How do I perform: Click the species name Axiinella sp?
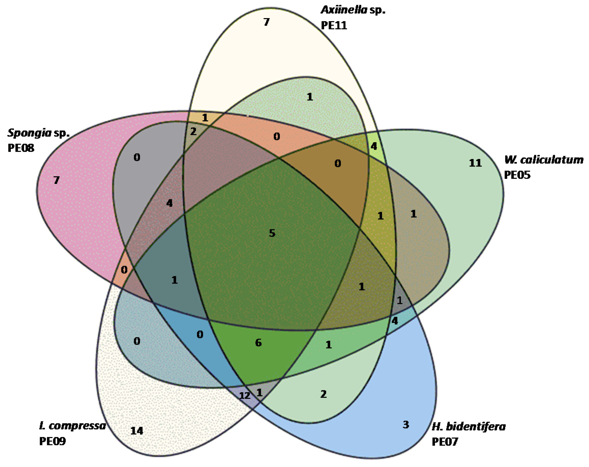(353, 10)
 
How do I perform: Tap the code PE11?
(334, 25)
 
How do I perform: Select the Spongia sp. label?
(39, 133)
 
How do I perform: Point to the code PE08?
(21, 148)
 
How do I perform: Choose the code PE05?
(517, 175)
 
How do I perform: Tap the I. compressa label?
(72, 426)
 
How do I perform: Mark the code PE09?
(52, 441)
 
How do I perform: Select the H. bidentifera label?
(468, 426)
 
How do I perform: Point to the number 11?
(475, 163)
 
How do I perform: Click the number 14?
(137, 431)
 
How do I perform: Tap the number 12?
(245, 396)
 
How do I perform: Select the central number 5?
(272, 233)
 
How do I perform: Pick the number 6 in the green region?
(258, 343)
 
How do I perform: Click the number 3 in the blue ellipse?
(406, 425)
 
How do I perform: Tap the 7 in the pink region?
(56, 180)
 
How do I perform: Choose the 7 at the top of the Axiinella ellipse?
(267, 22)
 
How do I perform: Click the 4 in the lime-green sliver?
(374, 146)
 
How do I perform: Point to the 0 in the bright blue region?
(200, 334)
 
